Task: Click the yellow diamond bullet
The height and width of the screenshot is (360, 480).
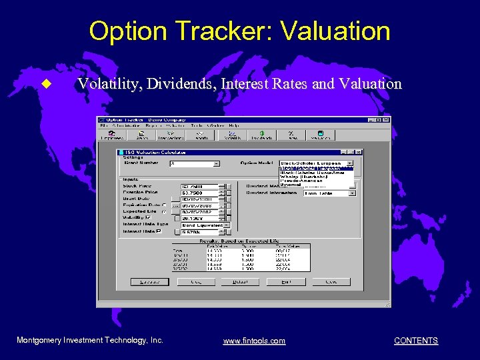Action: coord(46,84)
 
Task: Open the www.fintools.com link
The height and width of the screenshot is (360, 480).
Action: coord(254,341)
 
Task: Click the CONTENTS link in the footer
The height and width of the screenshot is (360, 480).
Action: coord(416,341)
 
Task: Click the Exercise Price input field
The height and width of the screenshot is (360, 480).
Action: coord(199,193)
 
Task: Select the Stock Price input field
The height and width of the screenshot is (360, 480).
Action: coord(199,186)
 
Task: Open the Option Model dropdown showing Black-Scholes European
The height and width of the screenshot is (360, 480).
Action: coord(316,163)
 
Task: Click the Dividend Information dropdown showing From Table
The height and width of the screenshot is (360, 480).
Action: coord(329,193)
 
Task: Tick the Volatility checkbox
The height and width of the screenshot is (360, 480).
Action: coord(149,217)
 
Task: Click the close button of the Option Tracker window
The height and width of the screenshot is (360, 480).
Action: coord(386,120)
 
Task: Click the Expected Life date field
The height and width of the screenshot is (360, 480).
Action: coord(199,211)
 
